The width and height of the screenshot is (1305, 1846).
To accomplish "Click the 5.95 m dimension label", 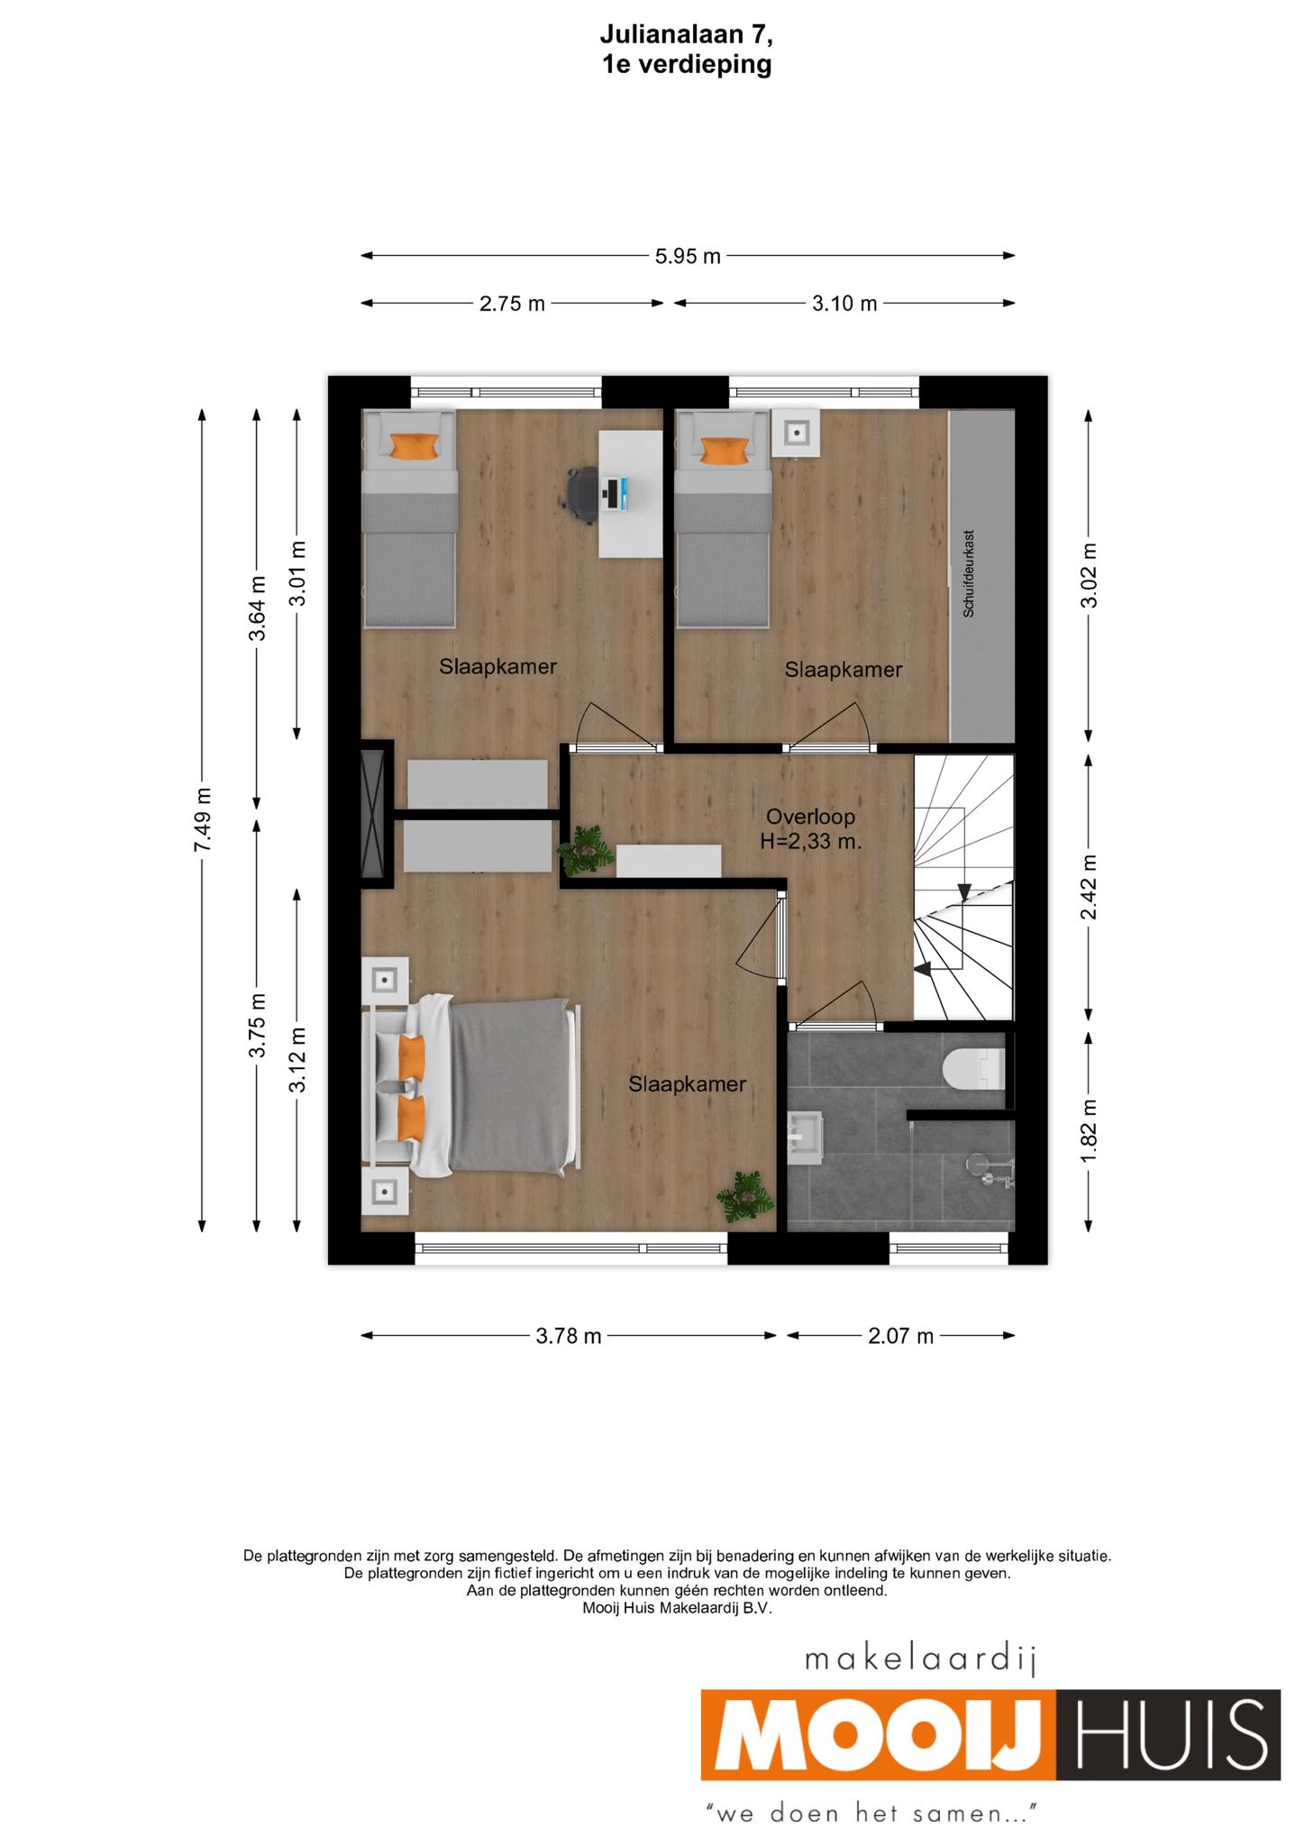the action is click(x=688, y=256).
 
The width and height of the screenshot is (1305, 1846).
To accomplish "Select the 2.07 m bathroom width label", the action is click(x=900, y=1335).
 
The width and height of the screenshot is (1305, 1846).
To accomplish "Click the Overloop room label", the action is click(x=810, y=817).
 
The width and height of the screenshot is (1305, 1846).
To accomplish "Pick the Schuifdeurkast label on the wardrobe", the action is click(x=970, y=572).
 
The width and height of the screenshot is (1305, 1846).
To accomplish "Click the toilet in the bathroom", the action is click(x=972, y=1069).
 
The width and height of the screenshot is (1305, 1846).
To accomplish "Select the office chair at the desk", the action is click(x=585, y=493).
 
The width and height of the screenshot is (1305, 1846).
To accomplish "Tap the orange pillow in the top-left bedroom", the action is click(x=415, y=445).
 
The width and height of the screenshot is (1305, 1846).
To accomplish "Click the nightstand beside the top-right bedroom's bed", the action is click(x=797, y=434).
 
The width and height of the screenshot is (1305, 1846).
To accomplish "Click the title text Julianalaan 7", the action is click(x=687, y=35).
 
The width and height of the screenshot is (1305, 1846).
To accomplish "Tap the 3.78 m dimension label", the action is click(x=569, y=1335).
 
